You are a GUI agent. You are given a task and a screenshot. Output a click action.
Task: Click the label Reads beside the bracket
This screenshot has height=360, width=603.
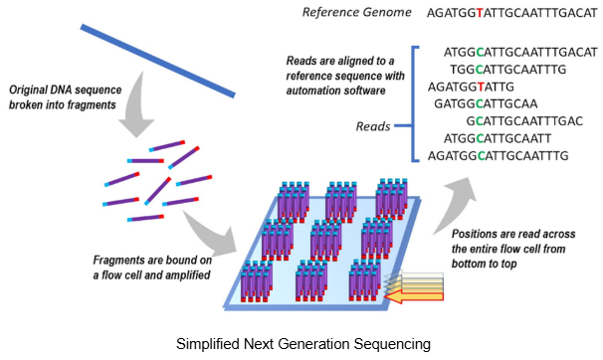click(373, 126)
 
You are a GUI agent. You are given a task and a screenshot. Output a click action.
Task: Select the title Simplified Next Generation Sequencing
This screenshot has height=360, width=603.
click(302, 344)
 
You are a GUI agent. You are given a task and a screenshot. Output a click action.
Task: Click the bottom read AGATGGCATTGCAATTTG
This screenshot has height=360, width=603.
click(497, 156)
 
